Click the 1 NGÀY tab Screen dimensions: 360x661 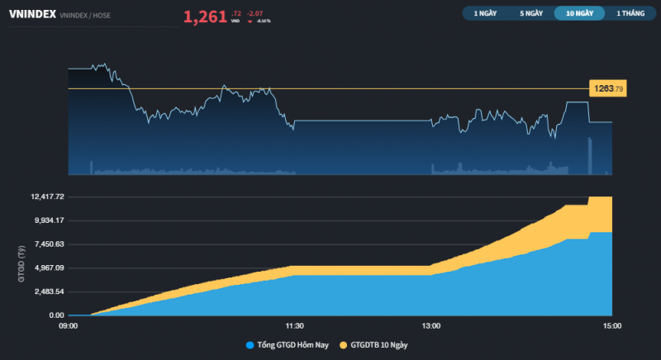click(485, 13)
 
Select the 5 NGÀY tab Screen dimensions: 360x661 click(531, 13)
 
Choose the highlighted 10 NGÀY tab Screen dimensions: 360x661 click(578, 13)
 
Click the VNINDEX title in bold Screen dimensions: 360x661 click(31, 14)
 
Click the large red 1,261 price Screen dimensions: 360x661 click(205, 16)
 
